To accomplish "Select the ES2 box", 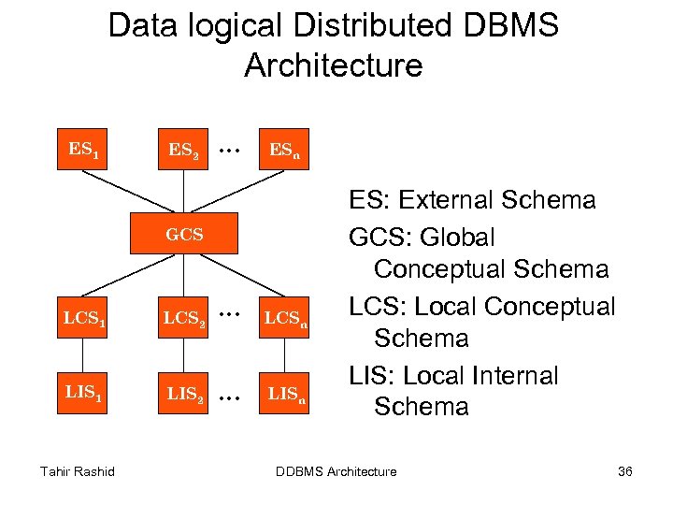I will click(x=184, y=150).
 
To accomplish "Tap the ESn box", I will click(x=284, y=150).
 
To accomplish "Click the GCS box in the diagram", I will click(x=184, y=235).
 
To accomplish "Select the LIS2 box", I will click(x=184, y=394).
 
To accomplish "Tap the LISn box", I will click(x=284, y=394).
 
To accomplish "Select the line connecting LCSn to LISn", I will click(x=284, y=356).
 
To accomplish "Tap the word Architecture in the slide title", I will click(x=333, y=66).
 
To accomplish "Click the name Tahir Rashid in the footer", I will click(x=78, y=471).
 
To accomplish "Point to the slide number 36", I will click(x=624, y=471).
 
